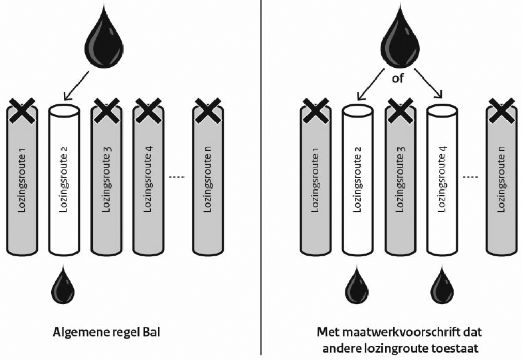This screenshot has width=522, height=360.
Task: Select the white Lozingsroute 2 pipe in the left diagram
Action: pos(64,181)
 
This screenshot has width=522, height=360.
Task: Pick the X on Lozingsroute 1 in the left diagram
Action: pos(21,111)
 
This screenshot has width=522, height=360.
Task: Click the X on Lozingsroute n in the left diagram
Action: pos(208,111)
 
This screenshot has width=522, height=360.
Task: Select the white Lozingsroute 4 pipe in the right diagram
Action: pos(442,181)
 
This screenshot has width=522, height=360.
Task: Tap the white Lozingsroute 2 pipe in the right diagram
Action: pos(358,181)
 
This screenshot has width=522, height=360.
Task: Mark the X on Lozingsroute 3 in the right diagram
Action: pos(400,111)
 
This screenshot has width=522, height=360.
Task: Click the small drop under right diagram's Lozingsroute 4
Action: pos(442,286)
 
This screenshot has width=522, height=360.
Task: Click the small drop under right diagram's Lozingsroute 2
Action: pos(357,286)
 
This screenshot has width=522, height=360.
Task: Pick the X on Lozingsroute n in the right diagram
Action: pos(502,111)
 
